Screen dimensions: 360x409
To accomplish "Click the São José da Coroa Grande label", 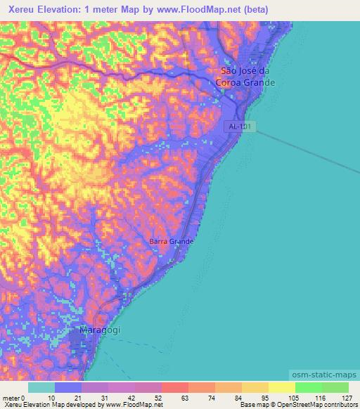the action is click(x=245, y=77).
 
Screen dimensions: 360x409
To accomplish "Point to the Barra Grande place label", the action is click(x=171, y=242).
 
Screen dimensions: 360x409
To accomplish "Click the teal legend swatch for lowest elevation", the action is click(x=41, y=387).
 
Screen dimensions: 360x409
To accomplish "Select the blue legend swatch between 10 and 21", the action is click(x=68, y=387).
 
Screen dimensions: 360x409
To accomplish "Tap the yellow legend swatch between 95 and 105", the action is click(x=282, y=387).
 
